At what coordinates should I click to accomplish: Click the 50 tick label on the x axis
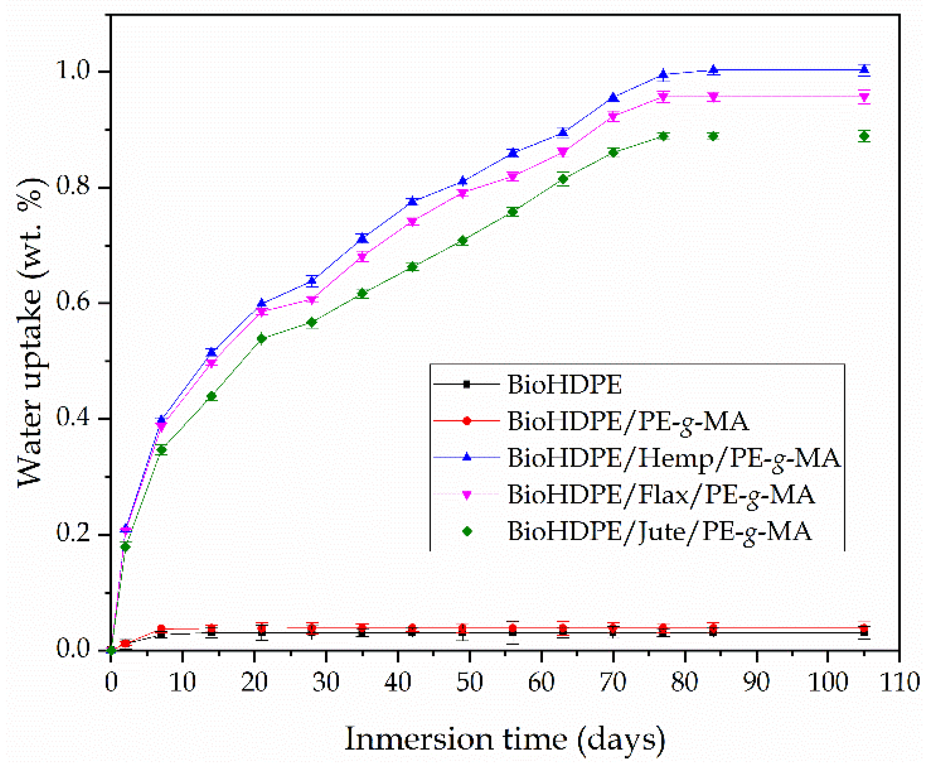(x=469, y=682)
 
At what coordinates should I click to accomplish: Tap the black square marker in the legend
(x=467, y=384)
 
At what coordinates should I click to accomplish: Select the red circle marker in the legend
(x=467, y=421)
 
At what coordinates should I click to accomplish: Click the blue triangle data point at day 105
(x=864, y=69)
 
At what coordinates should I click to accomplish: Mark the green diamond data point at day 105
(x=864, y=136)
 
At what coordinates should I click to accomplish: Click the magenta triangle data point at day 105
(x=864, y=97)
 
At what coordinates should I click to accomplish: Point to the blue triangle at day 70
(x=613, y=98)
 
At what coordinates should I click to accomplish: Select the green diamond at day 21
(x=262, y=339)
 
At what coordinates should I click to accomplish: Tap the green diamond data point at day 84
(x=713, y=136)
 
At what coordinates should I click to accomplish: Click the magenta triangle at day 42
(x=412, y=222)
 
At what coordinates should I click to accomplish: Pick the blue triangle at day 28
(x=312, y=280)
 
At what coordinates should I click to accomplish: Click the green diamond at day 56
(x=512, y=212)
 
